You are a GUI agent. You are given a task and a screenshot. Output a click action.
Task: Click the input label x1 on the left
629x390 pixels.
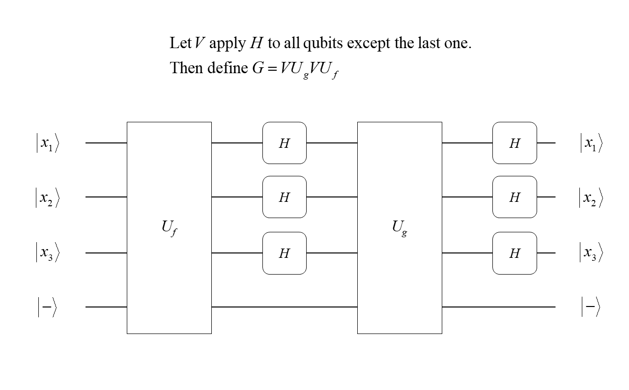click(47, 143)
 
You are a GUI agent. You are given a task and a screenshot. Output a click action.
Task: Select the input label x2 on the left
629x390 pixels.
click(47, 197)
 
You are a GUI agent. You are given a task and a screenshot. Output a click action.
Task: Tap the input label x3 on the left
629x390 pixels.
click(47, 253)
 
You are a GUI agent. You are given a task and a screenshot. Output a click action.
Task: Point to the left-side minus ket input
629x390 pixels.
click(47, 307)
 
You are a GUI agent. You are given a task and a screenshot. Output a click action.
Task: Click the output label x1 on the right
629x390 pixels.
click(591, 143)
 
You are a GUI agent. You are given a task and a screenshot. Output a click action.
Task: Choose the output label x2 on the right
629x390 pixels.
click(591, 197)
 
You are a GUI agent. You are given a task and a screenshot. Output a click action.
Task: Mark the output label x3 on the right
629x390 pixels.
click(591, 253)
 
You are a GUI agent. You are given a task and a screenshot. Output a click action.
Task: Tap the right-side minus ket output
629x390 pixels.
click(591, 307)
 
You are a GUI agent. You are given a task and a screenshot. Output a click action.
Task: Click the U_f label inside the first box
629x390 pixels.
click(169, 228)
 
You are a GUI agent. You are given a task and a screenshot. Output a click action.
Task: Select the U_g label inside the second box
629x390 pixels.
click(399, 228)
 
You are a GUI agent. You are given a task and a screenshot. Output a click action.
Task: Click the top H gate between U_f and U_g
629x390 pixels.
click(284, 143)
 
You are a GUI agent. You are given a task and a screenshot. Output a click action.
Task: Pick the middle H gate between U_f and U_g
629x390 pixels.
click(284, 197)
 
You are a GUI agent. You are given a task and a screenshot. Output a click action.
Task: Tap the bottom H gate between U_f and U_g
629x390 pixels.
click(284, 253)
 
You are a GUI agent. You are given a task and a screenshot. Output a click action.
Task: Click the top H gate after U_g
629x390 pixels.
click(515, 143)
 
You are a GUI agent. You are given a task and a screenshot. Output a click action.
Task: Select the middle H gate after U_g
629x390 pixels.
click(515, 197)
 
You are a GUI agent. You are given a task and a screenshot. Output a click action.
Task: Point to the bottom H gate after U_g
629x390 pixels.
click(515, 253)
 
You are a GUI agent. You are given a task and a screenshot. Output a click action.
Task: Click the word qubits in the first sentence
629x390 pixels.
click(324, 44)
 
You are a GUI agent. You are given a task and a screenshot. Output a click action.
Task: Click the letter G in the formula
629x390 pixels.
click(258, 68)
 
